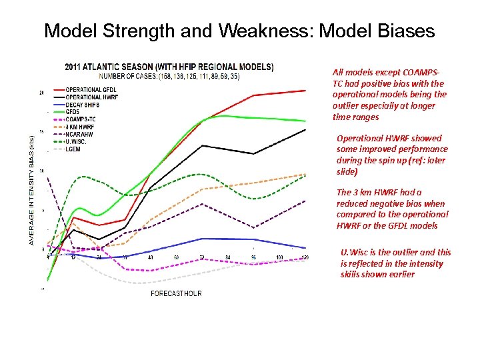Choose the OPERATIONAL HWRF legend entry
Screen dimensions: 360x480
tap(93, 97)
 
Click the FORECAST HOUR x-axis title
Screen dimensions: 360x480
tap(176, 293)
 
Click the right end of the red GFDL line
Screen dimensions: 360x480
tap(305, 90)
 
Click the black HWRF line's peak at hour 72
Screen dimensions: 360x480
tap(202, 145)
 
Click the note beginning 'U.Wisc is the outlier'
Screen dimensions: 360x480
tap(395, 263)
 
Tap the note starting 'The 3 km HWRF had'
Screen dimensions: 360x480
tap(392, 209)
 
